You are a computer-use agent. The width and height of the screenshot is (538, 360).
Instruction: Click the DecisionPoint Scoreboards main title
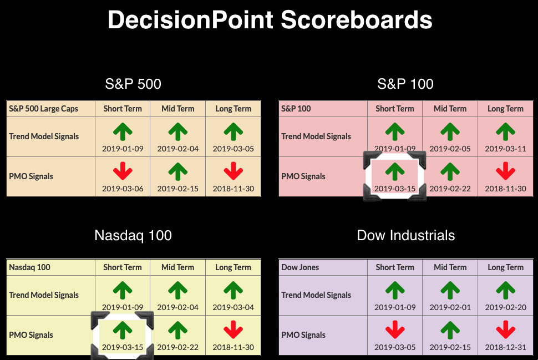270,19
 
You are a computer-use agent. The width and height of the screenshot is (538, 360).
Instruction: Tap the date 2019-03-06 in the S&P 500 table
123,189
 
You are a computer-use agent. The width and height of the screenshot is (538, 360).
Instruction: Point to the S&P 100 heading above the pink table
405,84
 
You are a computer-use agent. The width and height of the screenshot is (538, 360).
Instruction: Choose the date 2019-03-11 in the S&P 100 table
505,149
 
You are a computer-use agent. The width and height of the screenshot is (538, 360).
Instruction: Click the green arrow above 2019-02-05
450,132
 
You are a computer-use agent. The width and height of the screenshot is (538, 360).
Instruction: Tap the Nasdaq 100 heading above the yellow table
133,235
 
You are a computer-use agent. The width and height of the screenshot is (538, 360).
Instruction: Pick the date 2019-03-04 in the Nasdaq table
234,307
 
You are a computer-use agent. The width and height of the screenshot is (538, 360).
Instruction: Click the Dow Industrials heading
405,235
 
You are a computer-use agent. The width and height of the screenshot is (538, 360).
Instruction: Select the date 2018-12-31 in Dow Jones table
505,347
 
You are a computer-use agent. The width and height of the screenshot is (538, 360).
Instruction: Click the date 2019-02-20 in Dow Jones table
505,307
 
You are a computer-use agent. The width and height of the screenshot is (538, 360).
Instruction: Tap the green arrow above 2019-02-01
450,290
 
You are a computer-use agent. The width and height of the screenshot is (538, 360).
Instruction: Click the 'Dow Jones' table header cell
300,267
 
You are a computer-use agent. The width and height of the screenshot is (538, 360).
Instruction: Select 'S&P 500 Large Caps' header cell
43,109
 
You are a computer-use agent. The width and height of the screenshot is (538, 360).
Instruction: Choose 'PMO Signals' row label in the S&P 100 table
303,176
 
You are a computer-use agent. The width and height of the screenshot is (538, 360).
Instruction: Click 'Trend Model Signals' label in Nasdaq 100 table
44,295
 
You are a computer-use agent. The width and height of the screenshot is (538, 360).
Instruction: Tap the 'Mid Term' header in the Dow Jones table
450,267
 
